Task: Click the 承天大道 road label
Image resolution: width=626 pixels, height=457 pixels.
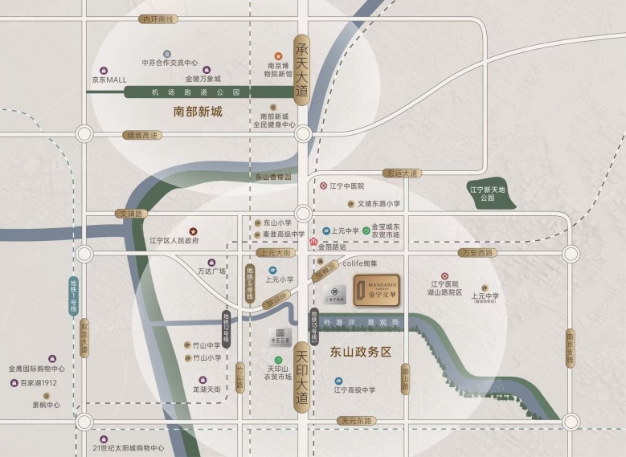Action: point(302,70)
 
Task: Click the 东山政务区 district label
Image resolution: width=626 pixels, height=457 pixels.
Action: point(360,352)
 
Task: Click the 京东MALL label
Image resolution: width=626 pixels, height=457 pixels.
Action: point(108,80)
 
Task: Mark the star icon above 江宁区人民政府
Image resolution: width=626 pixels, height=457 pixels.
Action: point(192,231)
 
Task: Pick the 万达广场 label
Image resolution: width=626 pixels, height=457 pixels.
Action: point(211,271)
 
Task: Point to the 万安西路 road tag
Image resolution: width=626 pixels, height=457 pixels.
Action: point(478,252)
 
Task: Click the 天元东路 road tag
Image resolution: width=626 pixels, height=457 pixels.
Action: point(356,420)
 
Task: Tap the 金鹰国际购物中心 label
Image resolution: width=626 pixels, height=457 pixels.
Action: point(37,369)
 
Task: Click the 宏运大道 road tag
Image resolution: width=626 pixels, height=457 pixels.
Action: point(401,173)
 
